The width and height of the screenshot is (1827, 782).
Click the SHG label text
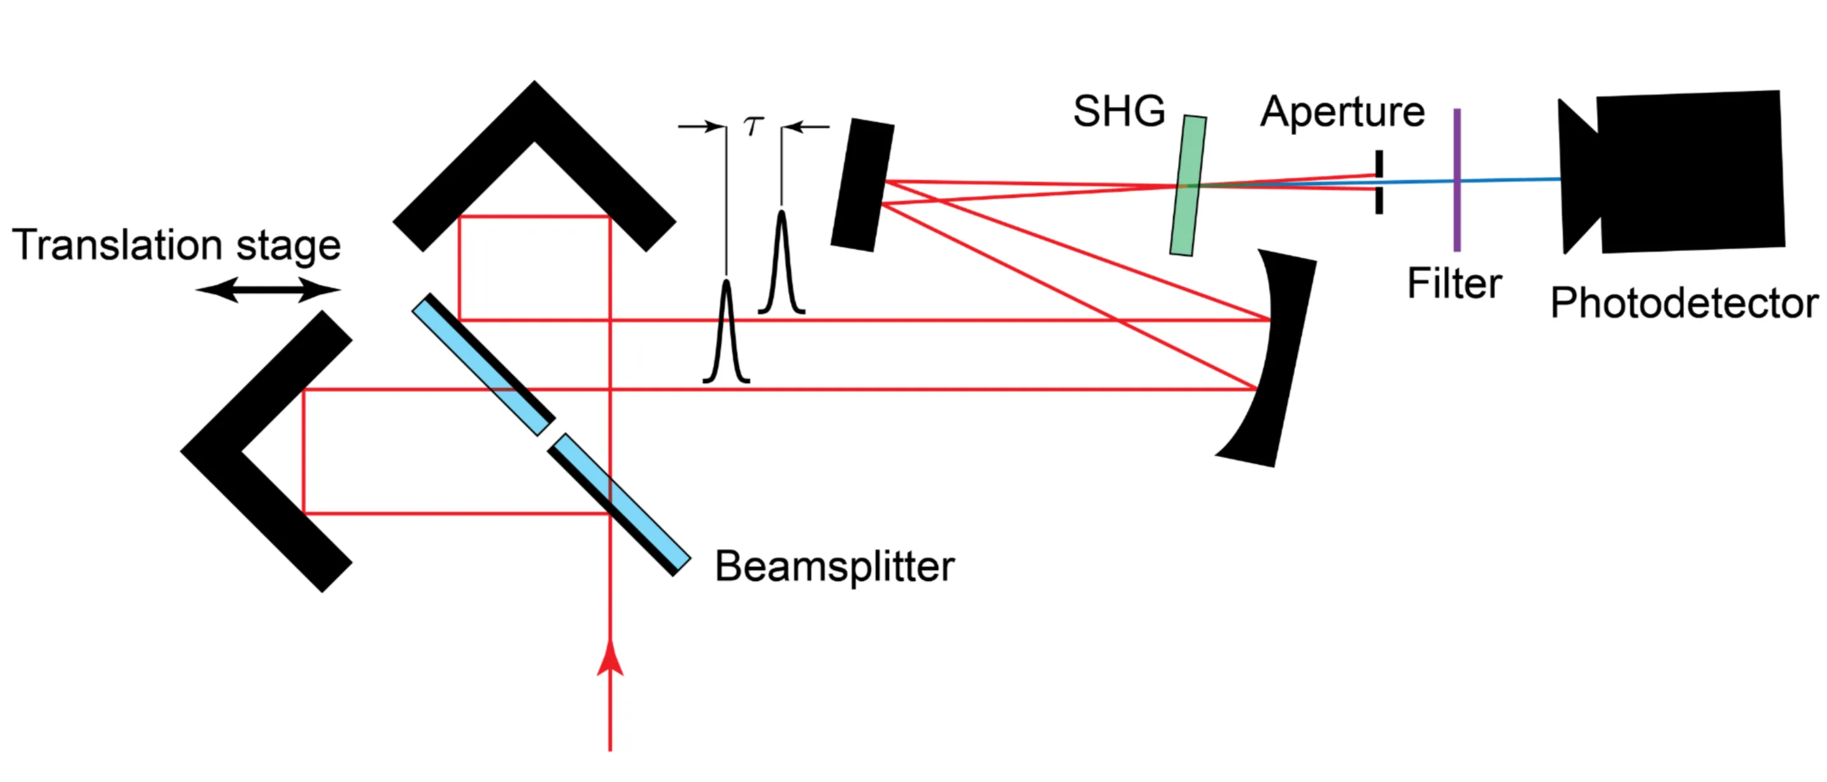[1118, 112]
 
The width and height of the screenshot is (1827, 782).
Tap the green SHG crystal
[1188, 185]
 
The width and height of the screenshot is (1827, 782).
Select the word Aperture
[1342, 112]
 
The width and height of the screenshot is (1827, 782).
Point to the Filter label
[1454, 284]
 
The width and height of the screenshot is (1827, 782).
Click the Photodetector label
[1684, 304]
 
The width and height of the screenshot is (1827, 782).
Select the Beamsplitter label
[834, 566]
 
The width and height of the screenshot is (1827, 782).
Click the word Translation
[117, 246]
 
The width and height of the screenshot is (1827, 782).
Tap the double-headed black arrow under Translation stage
[268, 290]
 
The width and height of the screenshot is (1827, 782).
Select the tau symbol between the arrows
[753, 126]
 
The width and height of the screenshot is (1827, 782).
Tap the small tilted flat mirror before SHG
[862, 185]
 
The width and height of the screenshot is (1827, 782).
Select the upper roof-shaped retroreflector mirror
[534, 142]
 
